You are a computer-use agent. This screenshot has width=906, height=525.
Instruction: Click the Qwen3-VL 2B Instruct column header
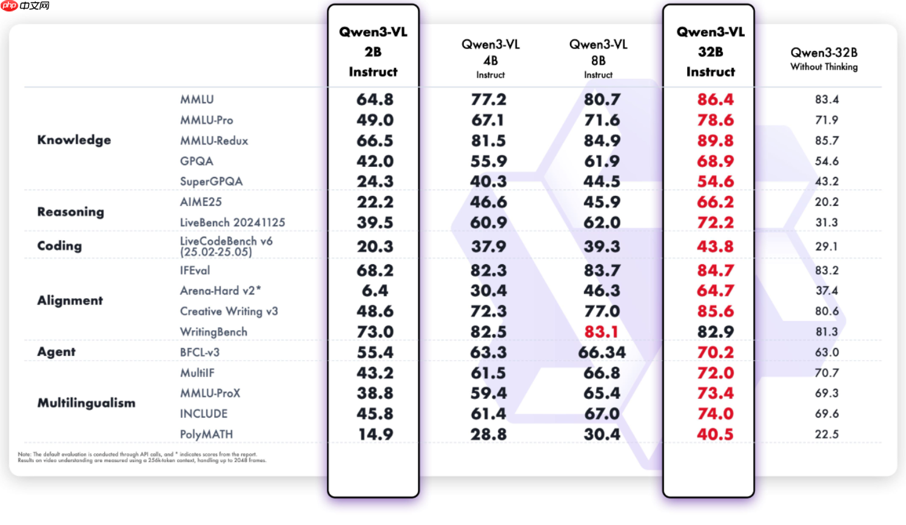click(373, 52)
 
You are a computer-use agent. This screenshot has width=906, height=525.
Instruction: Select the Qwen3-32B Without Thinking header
click(824, 59)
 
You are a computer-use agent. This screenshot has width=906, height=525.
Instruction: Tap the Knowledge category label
click(74, 140)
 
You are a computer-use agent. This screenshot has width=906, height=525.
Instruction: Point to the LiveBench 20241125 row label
click(232, 222)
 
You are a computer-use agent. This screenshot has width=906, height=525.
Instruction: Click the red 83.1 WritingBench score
click(601, 332)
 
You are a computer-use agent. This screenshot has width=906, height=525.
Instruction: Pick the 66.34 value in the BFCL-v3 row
click(602, 352)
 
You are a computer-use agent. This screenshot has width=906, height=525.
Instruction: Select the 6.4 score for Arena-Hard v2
click(375, 291)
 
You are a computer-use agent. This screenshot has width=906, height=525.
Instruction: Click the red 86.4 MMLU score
click(715, 99)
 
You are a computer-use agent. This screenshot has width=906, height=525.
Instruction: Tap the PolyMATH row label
click(206, 434)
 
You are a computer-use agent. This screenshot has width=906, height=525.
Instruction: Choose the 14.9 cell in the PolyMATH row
click(375, 434)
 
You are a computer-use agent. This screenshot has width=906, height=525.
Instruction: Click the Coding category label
click(59, 246)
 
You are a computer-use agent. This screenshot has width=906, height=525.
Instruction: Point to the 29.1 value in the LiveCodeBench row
click(826, 247)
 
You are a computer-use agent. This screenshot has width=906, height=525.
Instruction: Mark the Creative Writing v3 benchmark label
click(229, 311)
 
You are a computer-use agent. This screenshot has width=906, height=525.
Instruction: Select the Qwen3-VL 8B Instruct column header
click(598, 59)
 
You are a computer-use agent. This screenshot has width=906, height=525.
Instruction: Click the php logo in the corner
click(10, 6)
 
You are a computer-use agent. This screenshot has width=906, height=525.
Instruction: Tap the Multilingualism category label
click(86, 403)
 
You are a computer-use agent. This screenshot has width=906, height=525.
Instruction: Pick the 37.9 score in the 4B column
click(488, 247)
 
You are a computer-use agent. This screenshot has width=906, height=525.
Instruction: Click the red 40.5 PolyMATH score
click(715, 434)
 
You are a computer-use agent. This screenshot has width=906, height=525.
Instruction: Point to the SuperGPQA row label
click(211, 181)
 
